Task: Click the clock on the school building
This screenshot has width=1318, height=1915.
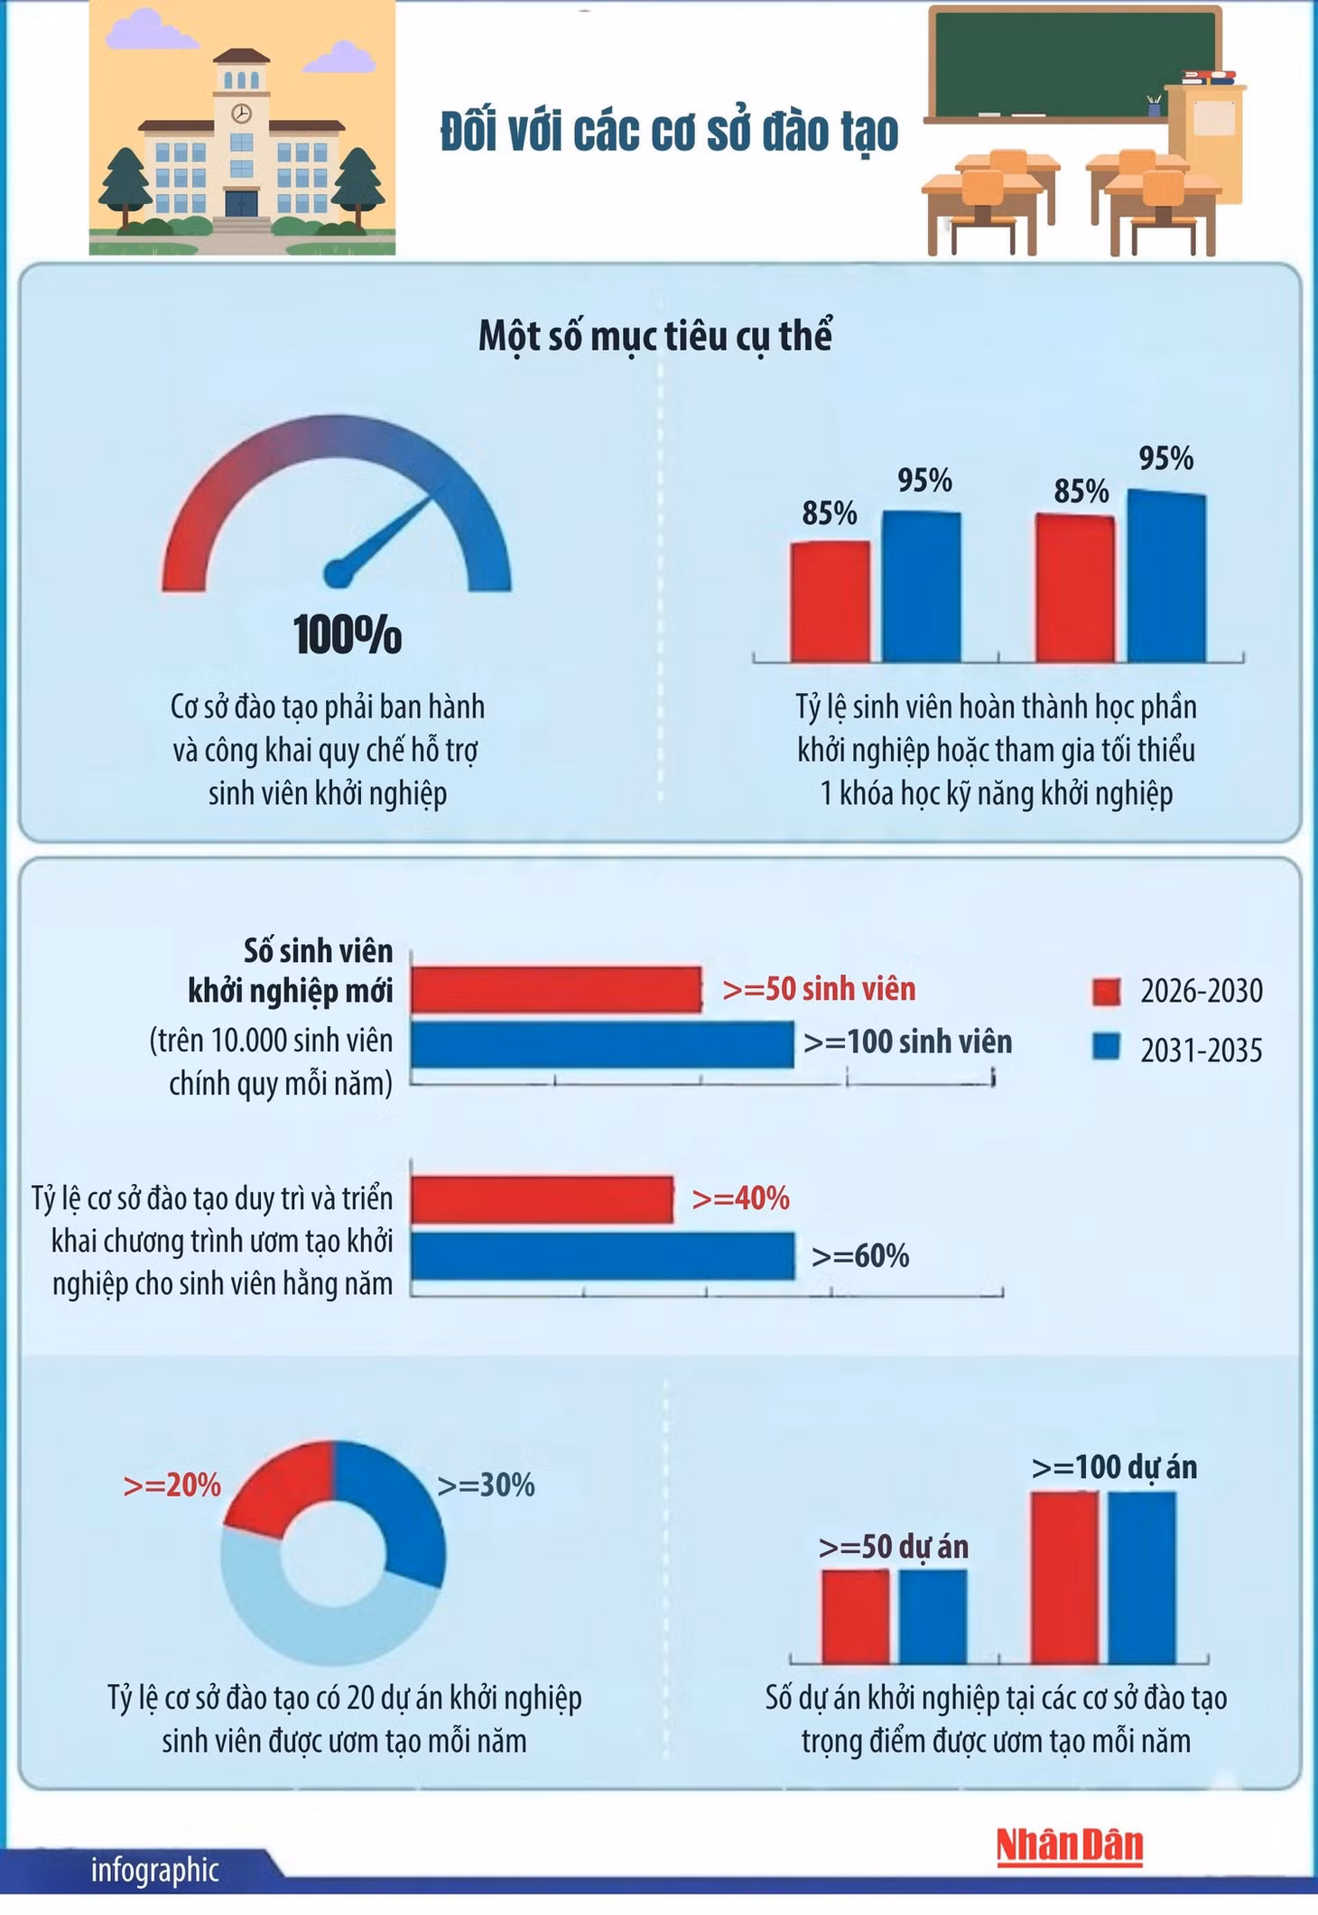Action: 241,114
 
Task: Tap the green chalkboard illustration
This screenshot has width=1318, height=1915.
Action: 1047,64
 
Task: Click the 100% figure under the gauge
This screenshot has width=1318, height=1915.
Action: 348,634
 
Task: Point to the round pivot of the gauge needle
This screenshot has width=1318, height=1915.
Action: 336,572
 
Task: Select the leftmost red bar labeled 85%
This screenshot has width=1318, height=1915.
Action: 831,602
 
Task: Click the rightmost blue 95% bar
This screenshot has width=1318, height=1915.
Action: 1166,577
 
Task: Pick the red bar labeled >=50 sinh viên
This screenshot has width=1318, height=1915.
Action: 556,989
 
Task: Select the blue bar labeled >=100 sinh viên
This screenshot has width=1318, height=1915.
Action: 602,1044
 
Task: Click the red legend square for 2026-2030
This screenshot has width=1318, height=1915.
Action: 1107,992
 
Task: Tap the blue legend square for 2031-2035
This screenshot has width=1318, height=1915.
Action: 1107,1048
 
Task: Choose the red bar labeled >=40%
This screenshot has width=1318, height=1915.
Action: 543,1199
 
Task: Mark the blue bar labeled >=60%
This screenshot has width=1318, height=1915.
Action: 603,1256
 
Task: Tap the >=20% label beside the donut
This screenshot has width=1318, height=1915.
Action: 172,1485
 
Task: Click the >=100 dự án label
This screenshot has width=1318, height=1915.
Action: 1115,1468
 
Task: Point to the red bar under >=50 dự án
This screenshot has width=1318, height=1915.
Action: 856,1616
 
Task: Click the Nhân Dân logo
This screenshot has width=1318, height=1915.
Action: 1070,1845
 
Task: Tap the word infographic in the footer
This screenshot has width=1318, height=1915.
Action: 155,1870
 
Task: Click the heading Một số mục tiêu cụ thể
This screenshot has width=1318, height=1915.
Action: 654,337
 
